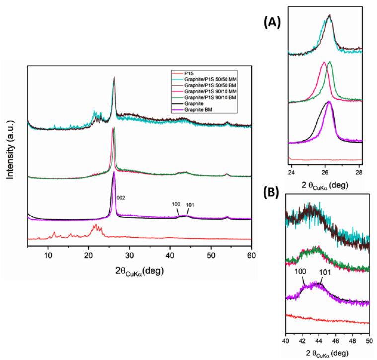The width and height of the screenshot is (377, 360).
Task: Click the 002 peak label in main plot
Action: (x=121, y=197)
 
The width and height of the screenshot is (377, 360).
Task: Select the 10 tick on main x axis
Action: (x=48, y=255)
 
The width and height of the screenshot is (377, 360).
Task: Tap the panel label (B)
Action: (x=272, y=193)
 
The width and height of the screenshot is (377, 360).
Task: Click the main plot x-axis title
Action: (x=140, y=271)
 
